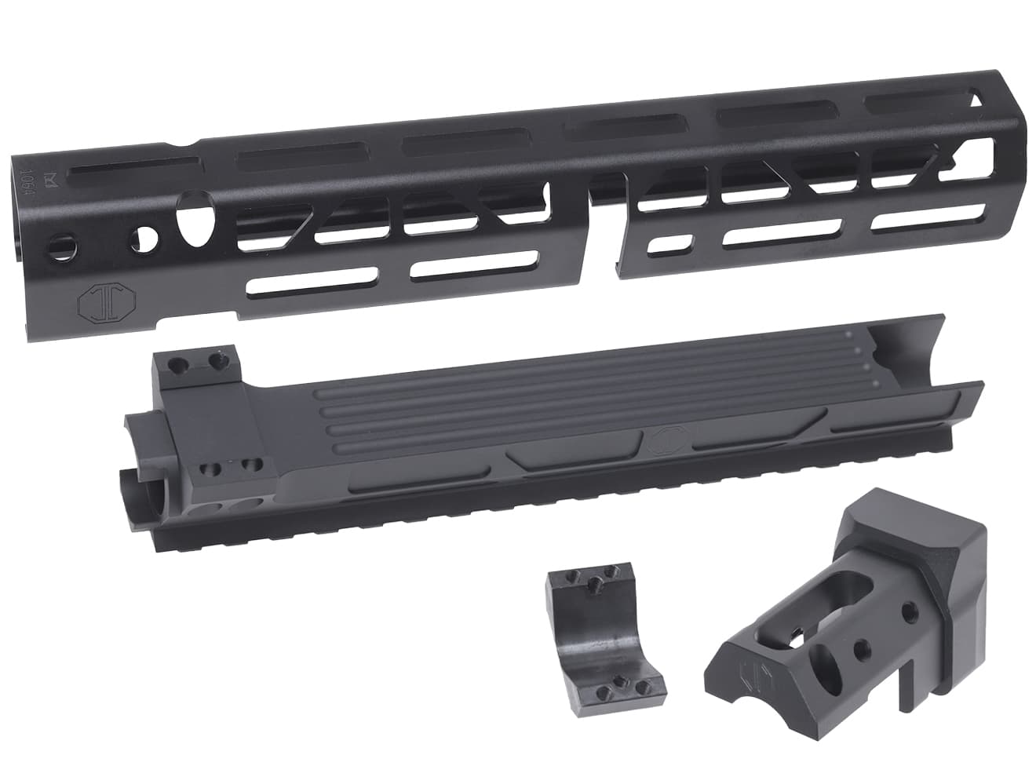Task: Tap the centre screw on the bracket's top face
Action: click(x=597, y=582)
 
